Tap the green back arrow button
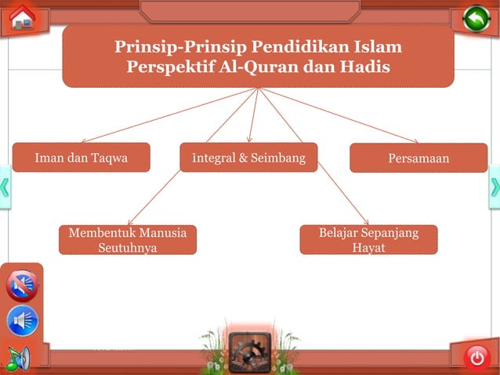(476, 18)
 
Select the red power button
(476, 357)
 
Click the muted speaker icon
(22, 286)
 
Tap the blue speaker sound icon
(22, 321)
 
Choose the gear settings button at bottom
(250, 352)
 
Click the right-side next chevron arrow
(495, 187)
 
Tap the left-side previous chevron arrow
(5, 187)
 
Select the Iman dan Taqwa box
(81, 157)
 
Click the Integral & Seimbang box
(248, 157)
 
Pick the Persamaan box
(418, 158)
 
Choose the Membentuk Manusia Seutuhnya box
(127, 240)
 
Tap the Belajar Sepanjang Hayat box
(368, 240)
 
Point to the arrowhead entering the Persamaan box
(415, 141)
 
